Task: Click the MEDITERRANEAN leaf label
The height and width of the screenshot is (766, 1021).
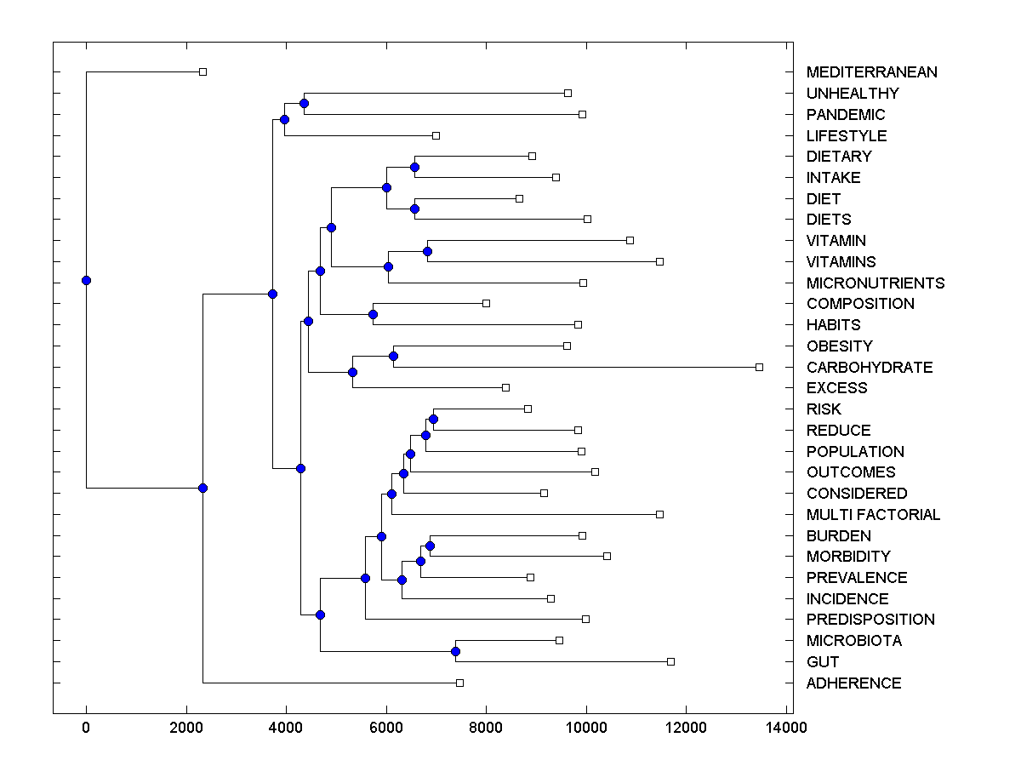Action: pos(871,72)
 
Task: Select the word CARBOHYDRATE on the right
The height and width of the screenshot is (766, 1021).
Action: pos(869,368)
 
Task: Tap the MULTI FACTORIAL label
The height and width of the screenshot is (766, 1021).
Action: pos(873,515)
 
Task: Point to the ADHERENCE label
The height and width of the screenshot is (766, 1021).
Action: pos(853,683)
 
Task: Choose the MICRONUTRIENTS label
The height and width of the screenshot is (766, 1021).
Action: pos(875,283)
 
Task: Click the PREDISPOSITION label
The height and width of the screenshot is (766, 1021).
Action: pos(870,620)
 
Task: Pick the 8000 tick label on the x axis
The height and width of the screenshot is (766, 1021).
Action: pos(486,728)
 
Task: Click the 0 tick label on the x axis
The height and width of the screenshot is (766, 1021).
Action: pos(86,728)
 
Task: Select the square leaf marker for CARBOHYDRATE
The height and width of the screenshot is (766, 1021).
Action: pos(759,367)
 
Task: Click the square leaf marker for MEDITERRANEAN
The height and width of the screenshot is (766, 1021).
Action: pos(202,71)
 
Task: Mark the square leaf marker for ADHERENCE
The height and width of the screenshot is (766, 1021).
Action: pos(459,683)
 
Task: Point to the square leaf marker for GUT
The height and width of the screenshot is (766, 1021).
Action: pos(670,661)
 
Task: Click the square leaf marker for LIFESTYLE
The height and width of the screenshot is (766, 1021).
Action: pos(436,135)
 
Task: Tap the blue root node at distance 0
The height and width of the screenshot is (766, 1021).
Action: pos(86,280)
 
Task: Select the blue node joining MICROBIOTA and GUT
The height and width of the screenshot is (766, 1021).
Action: pos(455,651)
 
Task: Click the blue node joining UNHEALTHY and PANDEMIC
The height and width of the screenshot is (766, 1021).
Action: pos(304,104)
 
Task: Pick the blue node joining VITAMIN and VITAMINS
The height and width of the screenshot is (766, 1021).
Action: pos(427,251)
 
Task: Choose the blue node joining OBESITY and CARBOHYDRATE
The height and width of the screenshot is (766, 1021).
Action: pos(393,357)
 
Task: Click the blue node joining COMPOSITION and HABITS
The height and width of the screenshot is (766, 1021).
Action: pos(373,314)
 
